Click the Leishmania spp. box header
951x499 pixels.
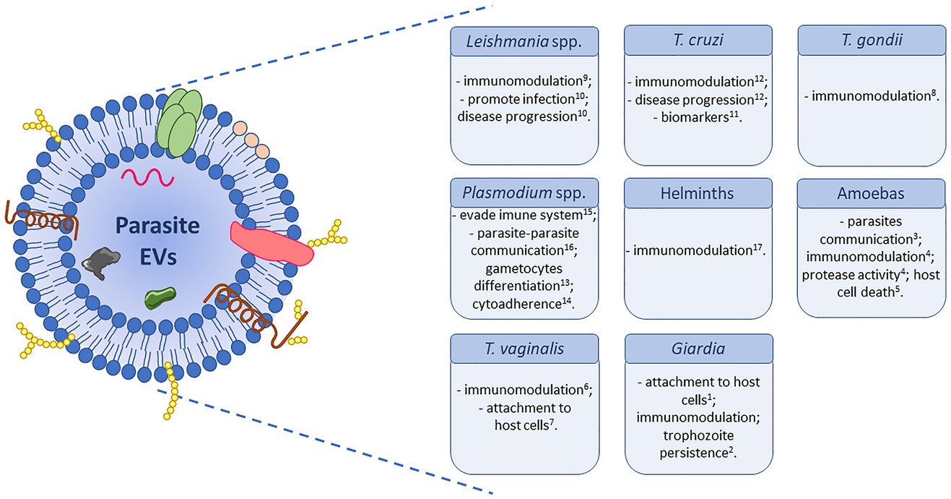click(x=524, y=41)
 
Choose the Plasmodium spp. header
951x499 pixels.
click(x=524, y=194)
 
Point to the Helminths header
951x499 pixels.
click(x=698, y=194)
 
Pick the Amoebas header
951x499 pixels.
click(x=872, y=194)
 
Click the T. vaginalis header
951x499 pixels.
click(x=524, y=349)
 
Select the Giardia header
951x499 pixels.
click(x=698, y=349)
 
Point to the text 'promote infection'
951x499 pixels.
click(x=524, y=99)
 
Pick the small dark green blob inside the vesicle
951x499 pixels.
click(x=160, y=297)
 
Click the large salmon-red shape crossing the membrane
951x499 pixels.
click(x=272, y=242)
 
